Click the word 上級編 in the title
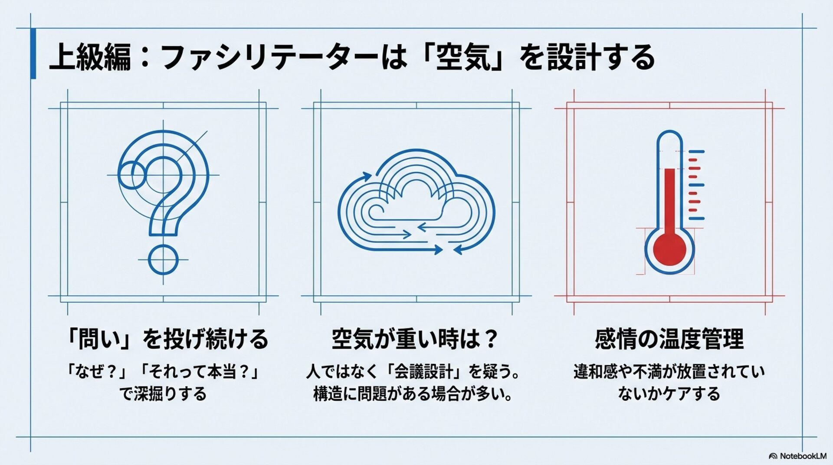[x=90, y=58]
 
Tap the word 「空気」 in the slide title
[x=462, y=58]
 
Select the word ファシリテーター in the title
[x=269, y=58]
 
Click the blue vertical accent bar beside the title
[x=33, y=53]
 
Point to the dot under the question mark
[x=163, y=260]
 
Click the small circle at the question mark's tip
[x=131, y=175]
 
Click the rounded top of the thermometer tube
[x=669, y=138]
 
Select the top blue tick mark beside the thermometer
[x=696, y=152]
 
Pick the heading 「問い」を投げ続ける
[x=167, y=339]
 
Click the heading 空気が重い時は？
[x=415, y=339]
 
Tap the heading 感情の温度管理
[x=669, y=339]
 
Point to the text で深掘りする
[x=163, y=394]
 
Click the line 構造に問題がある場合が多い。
[x=413, y=394]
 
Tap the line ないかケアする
[x=669, y=394]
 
